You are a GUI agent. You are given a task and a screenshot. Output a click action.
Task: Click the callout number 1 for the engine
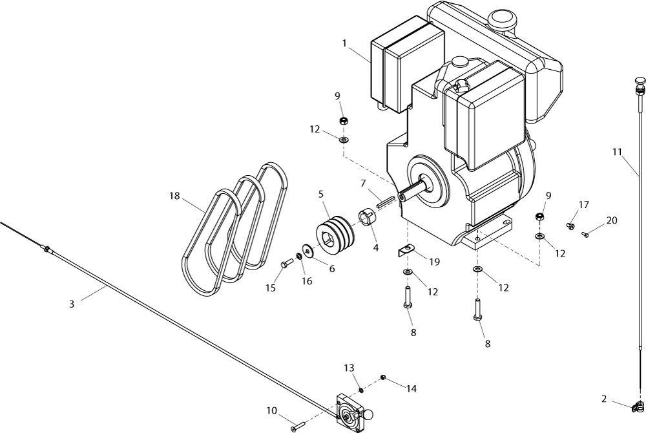pyautogui.click(x=344, y=43)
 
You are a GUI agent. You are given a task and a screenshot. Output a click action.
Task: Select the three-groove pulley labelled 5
pyautogui.click(x=334, y=235)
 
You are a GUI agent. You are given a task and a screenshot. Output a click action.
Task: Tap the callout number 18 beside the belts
pyautogui.click(x=174, y=196)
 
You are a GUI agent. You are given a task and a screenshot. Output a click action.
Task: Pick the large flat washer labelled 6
pyautogui.click(x=307, y=249)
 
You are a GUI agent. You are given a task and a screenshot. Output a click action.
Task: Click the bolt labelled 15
pyautogui.click(x=287, y=262)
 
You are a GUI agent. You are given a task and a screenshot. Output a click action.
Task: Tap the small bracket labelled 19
pyautogui.click(x=405, y=249)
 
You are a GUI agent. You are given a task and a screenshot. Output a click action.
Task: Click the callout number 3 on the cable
pyautogui.click(x=72, y=304)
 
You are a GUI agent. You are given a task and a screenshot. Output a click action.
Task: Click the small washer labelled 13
pyautogui.click(x=360, y=390)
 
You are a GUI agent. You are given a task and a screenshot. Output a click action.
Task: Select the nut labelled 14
pyautogui.click(x=383, y=377)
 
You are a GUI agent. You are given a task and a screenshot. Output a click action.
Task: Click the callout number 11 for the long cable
pyautogui.click(x=617, y=152)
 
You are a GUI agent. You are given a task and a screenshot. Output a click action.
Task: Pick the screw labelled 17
pyautogui.click(x=570, y=226)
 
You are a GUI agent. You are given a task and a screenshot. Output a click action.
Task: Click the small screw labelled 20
pyautogui.click(x=585, y=235)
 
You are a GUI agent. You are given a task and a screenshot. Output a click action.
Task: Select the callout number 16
pyautogui.click(x=306, y=281)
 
